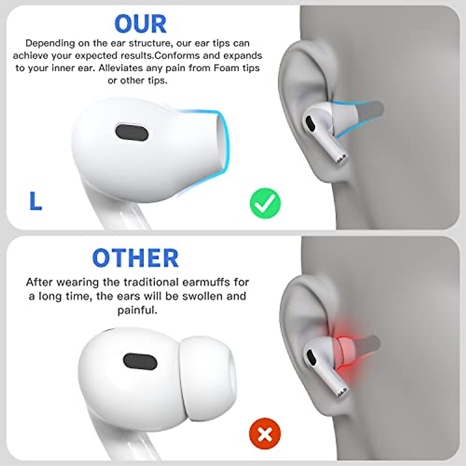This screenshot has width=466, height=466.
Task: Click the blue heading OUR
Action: click(x=141, y=24)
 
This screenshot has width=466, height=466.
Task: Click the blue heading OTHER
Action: click(x=135, y=258)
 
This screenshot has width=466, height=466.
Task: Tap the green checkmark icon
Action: click(x=265, y=203)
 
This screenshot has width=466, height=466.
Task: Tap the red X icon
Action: click(x=265, y=433)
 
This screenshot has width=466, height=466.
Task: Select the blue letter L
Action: click(x=35, y=201)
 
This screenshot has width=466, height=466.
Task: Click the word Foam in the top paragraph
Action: click(x=226, y=68)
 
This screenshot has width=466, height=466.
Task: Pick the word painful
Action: click(x=137, y=310)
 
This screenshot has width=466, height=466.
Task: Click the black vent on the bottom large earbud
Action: click(x=140, y=362)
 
